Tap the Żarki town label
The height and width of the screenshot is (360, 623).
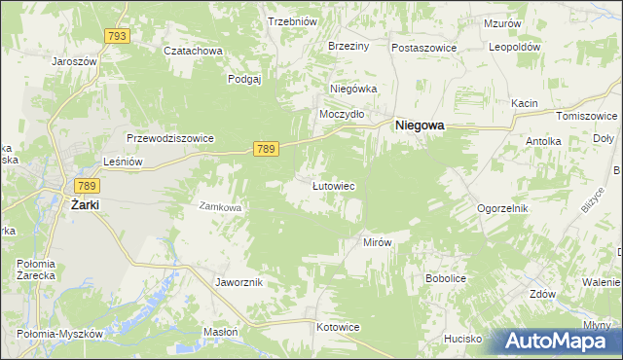(x=86, y=204)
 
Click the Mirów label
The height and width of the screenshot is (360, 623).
(x=377, y=242)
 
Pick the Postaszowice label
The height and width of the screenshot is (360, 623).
(x=424, y=47)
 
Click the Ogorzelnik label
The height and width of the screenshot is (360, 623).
(x=501, y=208)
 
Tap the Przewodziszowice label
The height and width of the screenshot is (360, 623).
(x=169, y=138)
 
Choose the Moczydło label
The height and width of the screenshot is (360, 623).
(x=342, y=114)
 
